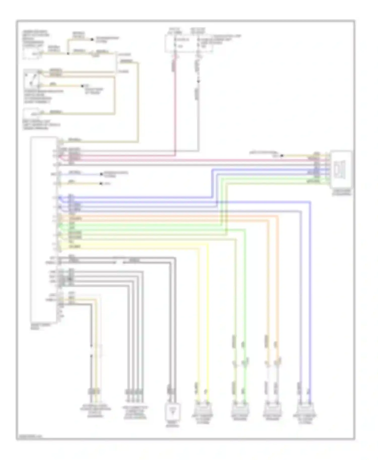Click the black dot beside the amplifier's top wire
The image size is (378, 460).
(282, 156)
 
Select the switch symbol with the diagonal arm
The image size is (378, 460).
(31, 79)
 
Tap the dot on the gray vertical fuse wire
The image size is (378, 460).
(198, 81)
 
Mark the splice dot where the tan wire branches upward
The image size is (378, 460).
(68, 53)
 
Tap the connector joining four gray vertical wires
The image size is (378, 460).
(134, 392)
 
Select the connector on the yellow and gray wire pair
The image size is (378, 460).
(93, 392)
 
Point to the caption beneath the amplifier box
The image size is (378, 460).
(341, 193)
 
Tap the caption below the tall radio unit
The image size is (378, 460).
(40, 326)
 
